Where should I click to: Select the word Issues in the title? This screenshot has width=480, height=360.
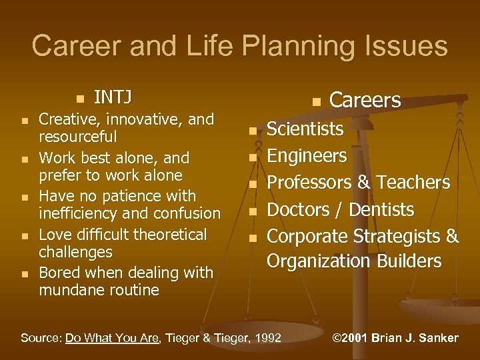(404, 47)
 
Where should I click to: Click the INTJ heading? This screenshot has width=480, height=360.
(112, 97)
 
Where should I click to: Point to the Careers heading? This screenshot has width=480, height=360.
(365, 100)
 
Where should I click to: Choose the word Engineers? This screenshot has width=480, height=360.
(307, 156)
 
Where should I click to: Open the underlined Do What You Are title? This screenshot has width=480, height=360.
(113, 338)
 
